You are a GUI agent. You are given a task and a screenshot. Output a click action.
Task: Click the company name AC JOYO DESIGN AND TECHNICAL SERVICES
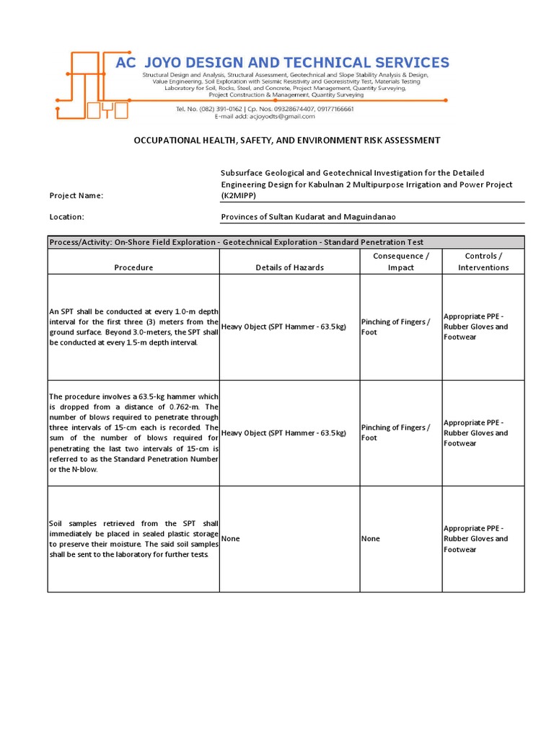(x=282, y=62)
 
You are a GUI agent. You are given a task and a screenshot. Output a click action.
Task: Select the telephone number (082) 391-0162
(x=216, y=108)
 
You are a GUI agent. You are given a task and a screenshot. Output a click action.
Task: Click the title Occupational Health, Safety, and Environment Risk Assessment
(x=286, y=141)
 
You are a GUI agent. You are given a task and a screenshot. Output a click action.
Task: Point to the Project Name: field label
(x=76, y=195)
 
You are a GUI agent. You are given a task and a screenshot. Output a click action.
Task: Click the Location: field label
(x=66, y=217)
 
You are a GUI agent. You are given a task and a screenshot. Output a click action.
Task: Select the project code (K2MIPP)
(x=239, y=196)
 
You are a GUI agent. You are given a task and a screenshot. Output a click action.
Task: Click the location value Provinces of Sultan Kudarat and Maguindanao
(x=308, y=217)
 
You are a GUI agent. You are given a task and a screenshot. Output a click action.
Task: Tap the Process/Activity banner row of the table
(x=286, y=242)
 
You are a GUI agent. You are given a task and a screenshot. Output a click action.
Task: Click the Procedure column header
(x=133, y=267)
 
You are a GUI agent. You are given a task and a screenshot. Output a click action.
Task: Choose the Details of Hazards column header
(x=289, y=267)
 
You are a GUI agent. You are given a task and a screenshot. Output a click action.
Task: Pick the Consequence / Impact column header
(x=400, y=262)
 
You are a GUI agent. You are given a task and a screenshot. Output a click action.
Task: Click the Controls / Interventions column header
(x=483, y=262)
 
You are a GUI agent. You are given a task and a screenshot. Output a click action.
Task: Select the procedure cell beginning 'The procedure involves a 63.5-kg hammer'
(x=133, y=433)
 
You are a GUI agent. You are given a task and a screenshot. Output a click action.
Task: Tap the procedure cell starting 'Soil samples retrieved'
(x=133, y=539)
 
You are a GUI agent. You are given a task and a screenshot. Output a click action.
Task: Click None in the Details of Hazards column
(x=231, y=539)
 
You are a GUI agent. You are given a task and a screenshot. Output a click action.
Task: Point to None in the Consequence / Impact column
(x=371, y=539)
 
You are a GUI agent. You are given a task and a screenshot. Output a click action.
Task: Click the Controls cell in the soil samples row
(x=475, y=539)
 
